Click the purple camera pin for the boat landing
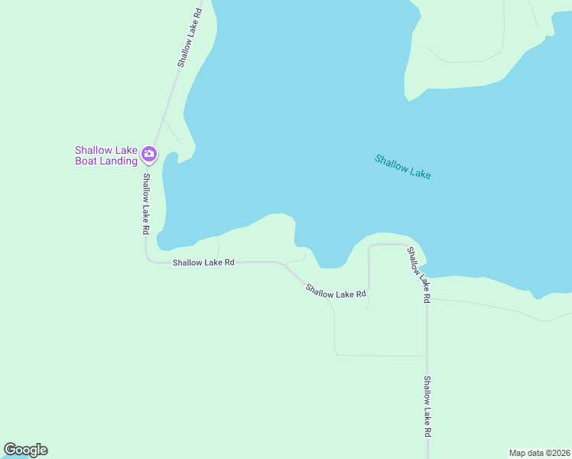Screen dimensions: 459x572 pyautogui.click(x=149, y=154)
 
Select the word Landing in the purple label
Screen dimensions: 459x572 pyautogui.click(x=119, y=161)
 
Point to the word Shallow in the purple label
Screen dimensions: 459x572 pyautogui.click(x=93, y=150)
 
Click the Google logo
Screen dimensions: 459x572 pyautogui.click(x=25, y=450)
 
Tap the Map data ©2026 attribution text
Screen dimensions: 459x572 pyautogui.click(x=539, y=452)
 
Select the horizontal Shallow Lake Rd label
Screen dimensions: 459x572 pyautogui.click(x=203, y=262)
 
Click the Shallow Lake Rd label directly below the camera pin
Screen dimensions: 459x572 pyautogui.click(x=145, y=203)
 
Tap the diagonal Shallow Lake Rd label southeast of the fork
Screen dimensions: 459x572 pyautogui.click(x=336, y=291)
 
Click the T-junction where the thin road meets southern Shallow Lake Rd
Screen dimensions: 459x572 pyautogui.click(x=427, y=356)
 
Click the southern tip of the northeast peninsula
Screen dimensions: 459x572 pyautogui.click(x=408, y=97)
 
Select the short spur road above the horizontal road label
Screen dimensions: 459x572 pyautogui.click(x=218, y=251)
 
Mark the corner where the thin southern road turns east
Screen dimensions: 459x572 pyautogui.click(x=336, y=354)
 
